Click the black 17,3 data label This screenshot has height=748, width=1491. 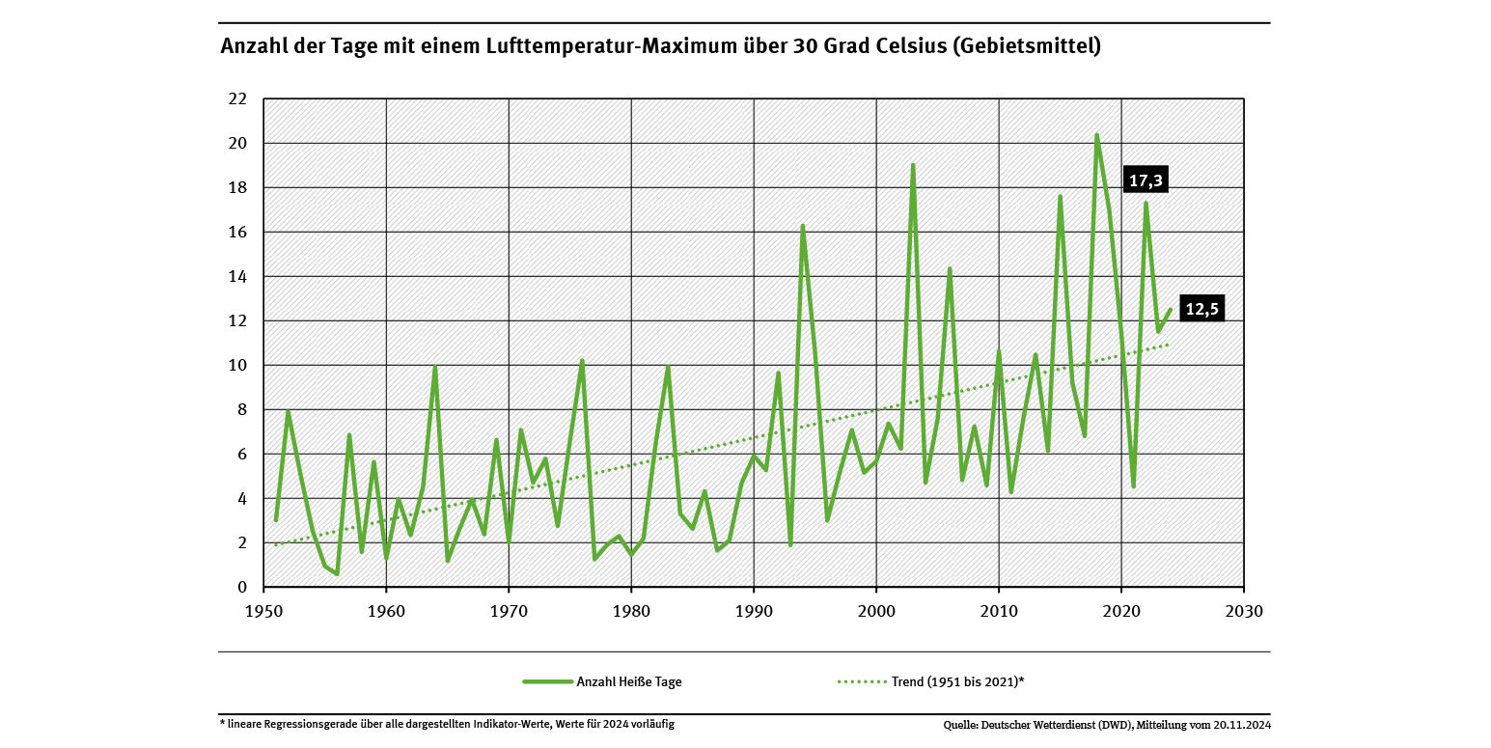point(1146,180)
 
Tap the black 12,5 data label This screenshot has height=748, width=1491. point(1201,309)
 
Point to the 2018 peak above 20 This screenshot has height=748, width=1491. point(1097,135)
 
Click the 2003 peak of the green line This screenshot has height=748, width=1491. point(913,165)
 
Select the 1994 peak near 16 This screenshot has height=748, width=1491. point(802,226)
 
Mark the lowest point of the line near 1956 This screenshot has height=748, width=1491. point(337,573)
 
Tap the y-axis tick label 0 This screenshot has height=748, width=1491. point(242,587)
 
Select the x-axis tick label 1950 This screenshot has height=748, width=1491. point(263,611)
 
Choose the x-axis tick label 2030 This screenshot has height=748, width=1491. point(1243,611)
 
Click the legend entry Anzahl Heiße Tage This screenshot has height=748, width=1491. point(628,681)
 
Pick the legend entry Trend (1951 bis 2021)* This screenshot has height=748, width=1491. point(957,681)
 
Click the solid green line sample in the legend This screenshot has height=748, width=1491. point(547,681)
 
